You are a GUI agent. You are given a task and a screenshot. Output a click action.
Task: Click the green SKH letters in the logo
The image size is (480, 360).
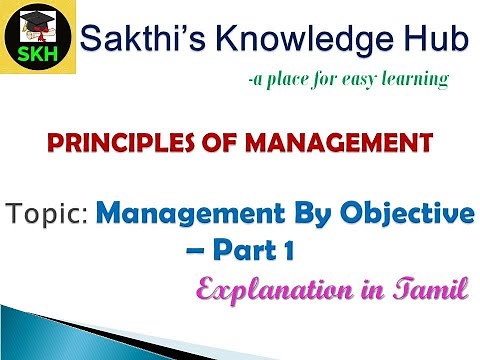tap(35, 52)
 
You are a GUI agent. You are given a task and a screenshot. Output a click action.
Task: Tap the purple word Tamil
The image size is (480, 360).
tap(430, 293)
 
